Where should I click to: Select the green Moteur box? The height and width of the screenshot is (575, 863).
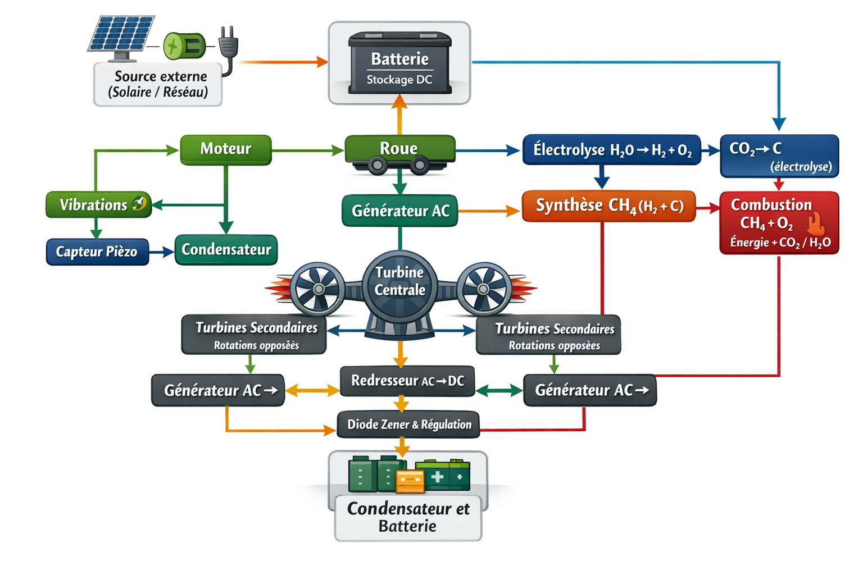pos(226,149)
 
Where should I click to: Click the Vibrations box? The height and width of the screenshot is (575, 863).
pos(99,205)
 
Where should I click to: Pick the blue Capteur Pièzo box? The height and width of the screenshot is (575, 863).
pos(97,252)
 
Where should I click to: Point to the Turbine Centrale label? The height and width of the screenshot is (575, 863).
pos(399,281)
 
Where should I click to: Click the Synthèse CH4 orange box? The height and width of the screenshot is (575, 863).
pos(609,206)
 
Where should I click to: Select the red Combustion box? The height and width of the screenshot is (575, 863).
pos(779,223)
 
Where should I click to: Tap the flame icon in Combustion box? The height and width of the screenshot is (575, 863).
pos(815,224)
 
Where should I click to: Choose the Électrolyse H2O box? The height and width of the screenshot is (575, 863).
pos(611,150)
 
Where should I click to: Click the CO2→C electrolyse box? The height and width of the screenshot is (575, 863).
pos(779,156)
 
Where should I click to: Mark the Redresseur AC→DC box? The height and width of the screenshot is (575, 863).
pos(407,381)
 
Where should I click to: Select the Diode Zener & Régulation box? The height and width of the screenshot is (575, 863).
pos(408,425)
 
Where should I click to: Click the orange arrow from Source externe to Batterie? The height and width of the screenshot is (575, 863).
pos(281,62)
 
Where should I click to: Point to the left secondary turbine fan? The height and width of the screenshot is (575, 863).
pos(318,289)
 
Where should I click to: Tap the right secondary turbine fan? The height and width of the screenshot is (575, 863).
pos(483,289)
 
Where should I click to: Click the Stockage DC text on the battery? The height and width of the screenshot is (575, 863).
pos(399,80)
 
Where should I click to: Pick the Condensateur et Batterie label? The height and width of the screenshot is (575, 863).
pos(408,517)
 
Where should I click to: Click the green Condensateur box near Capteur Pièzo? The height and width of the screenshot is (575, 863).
pos(226,250)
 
